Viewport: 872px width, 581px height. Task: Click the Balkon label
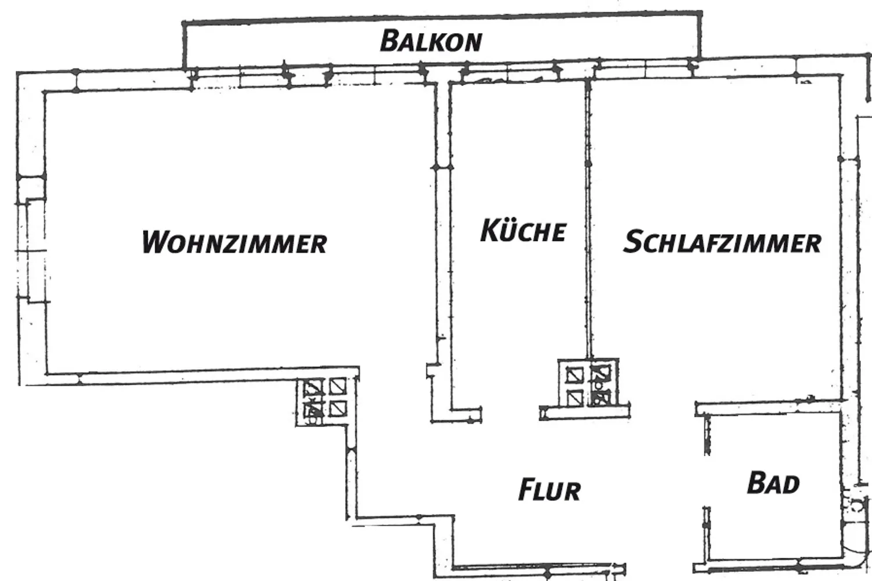tap(431, 41)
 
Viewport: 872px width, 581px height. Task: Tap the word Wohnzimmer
tap(234, 242)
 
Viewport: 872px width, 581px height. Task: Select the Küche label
tap(523, 230)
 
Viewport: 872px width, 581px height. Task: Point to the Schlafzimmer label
tap(722, 242)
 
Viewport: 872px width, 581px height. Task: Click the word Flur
tap(550, 489)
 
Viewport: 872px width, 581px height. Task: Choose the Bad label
tap(773, 483)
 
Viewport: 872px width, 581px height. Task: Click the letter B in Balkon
tap(391, 41)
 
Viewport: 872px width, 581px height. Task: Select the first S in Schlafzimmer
tap(634, 242)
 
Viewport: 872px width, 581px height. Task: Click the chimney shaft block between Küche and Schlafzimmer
tap(588, 383)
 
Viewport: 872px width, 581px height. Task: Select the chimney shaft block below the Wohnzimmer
tap(326, 401)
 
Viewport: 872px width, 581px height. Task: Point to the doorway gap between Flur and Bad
tap(706, 481)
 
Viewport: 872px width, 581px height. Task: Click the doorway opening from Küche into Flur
tap(510, 414)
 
